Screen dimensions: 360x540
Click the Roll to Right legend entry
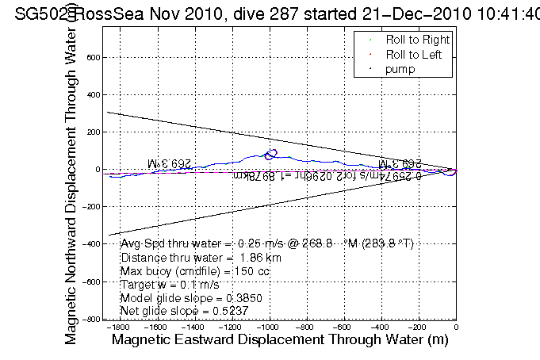tap(417, 40)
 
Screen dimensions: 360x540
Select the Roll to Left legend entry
tap(414, 55)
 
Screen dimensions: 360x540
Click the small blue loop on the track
tap(271, 154)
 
